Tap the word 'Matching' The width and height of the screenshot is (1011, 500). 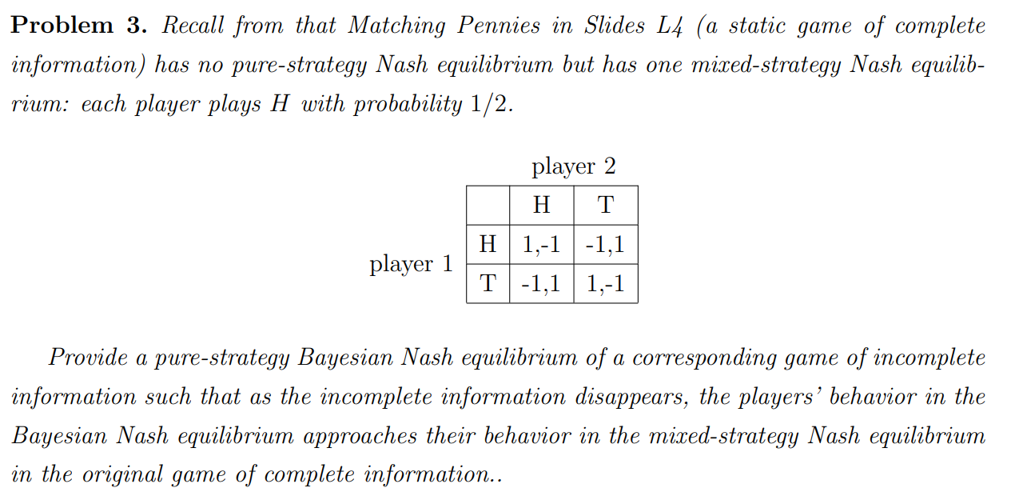point(397,26)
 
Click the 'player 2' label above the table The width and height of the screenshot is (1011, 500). point(573,167)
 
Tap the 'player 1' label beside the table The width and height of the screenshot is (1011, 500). point(411,264)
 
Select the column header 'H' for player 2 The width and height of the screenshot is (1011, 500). point(541,206)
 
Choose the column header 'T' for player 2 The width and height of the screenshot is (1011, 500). point(605,206)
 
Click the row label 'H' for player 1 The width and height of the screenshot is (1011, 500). point(488,244)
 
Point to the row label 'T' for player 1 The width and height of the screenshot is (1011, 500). point(488,283)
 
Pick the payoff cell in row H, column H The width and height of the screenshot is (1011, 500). point(541,244)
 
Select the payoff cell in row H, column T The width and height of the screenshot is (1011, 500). point(605,244)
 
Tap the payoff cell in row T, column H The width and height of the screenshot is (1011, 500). point(541,283)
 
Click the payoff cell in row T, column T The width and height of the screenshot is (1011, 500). point(605,283)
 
